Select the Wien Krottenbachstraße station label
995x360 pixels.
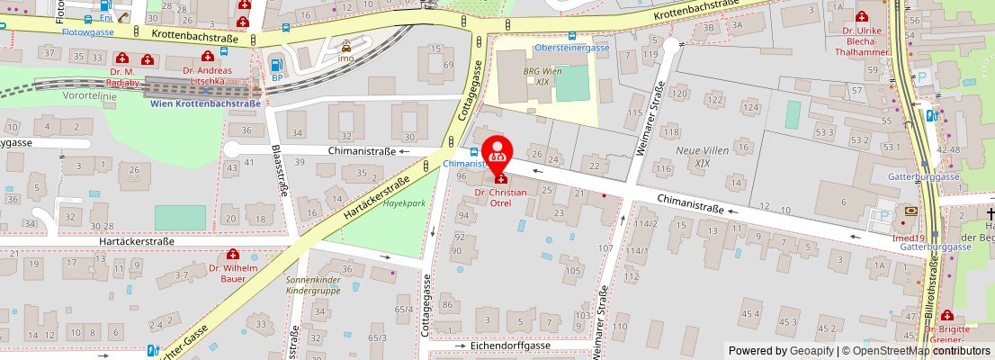pyautogui.click(x=205, y=103)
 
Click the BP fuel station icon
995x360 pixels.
pyautogui.click(x=277, y=65)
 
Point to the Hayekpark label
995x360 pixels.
pyautogui.click(x=404, y=204)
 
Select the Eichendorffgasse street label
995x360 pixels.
pyautogui.click(x=510, y=346)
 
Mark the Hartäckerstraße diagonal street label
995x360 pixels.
pyautogui.click(x=376, y=199)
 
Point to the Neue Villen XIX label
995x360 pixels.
pyautogui.click(x=702, y=157)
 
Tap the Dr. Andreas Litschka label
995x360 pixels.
pyautogui.click(x=207, y=76)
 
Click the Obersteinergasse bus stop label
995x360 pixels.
pyautogui.click(x=572, y=47)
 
